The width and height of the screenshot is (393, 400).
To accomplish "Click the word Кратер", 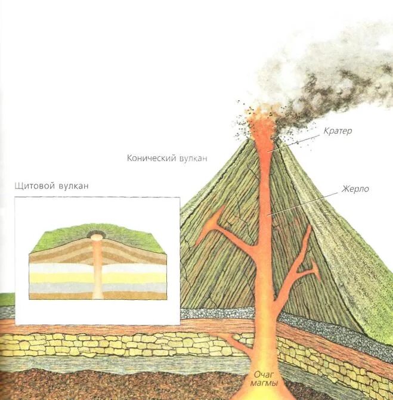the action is pyautogui.click(x=338, y=131).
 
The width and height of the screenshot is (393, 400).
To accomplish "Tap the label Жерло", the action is pyautogui.click(x=356, y=190).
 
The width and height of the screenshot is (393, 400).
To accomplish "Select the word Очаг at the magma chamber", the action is pyautogui.click(x=263, y=375).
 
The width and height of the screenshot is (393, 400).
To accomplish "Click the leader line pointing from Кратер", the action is pyautogui.click(x=298, y=141).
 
